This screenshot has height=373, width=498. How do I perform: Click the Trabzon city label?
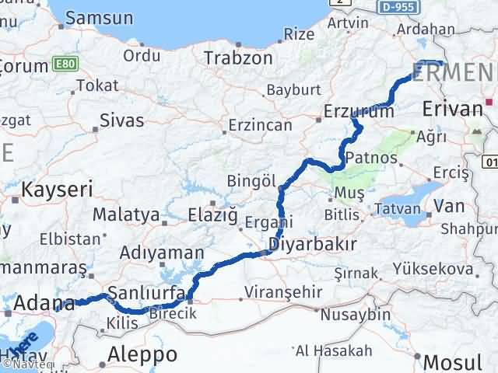(x=238, y=58)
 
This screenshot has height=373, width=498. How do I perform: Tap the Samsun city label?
(x=98, y=16)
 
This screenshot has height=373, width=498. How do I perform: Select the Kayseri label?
(x=57, y=188)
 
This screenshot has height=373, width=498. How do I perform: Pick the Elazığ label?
(x=214, y=214)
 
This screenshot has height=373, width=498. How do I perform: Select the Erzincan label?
(x=260, y=124)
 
